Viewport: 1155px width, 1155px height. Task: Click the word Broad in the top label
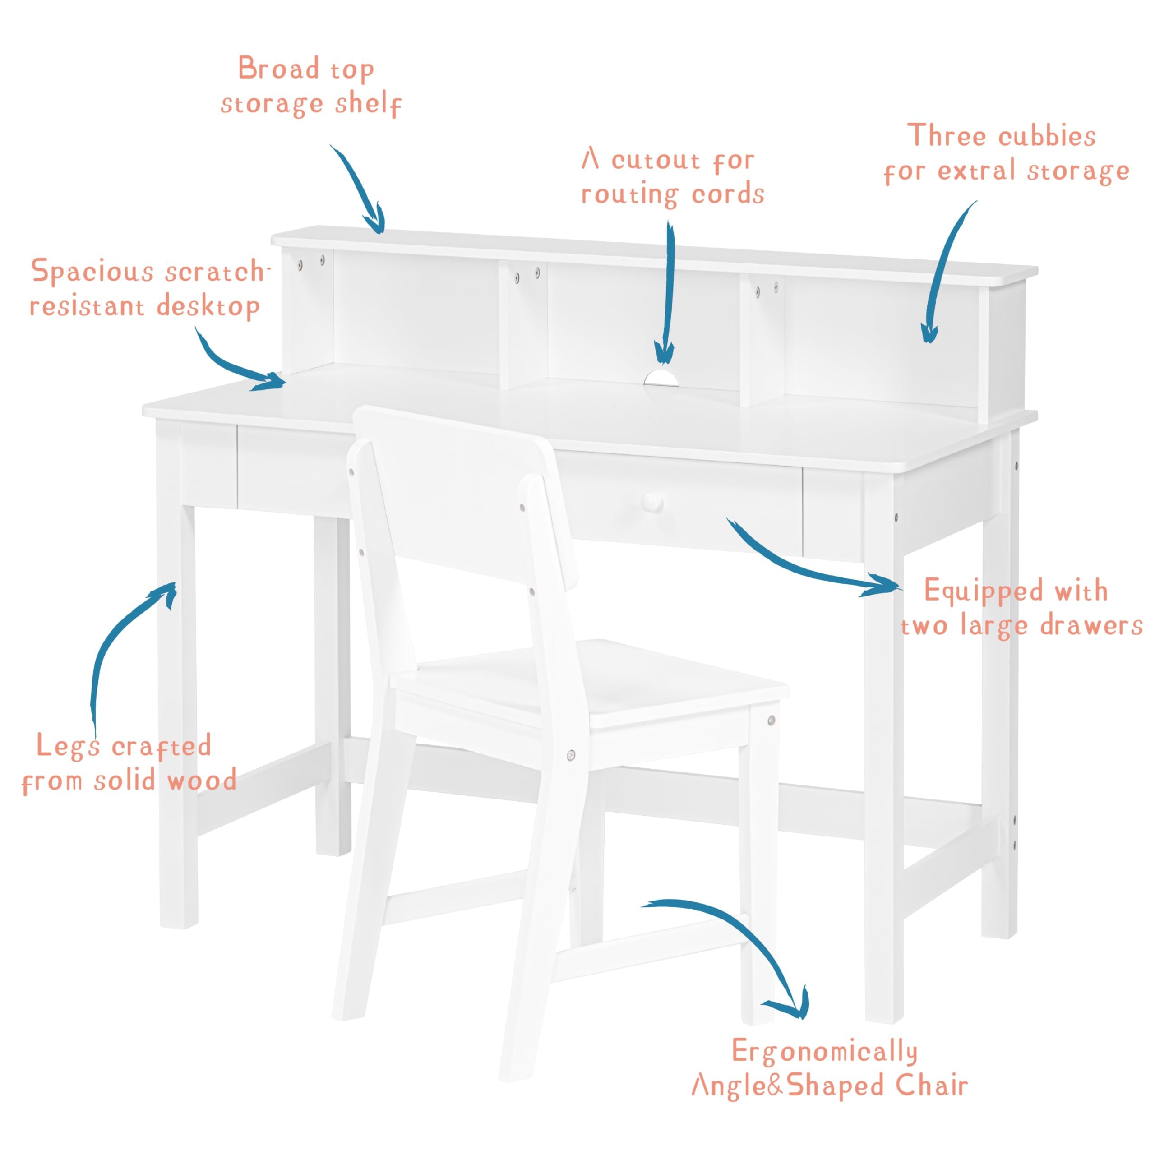278,68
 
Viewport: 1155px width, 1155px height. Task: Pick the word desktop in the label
208,307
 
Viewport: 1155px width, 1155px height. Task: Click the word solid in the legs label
125,781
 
